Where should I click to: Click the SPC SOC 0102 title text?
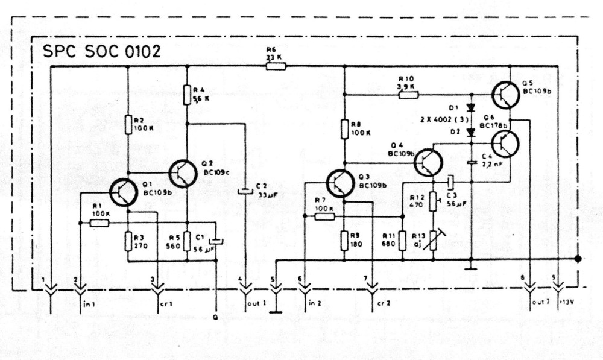[x=101, y=51]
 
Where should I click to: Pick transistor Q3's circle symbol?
[x=341, y=183]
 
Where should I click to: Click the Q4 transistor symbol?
[x=429, y=162]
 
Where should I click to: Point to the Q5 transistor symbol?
[x=505, y=95]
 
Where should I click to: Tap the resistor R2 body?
[x=128, y=125]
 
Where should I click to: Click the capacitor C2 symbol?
[x=245, y=192]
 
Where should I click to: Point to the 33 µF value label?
[x=265, y=195]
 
